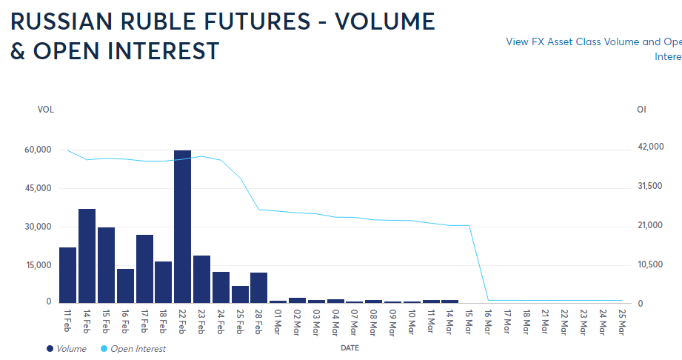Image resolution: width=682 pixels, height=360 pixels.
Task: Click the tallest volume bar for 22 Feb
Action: (182, 226)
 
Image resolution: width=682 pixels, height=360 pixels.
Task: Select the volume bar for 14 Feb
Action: (87, 256)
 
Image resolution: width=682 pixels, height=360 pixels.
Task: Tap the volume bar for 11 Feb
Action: (67, 275)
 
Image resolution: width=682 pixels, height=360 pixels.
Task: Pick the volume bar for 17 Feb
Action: (144, 268)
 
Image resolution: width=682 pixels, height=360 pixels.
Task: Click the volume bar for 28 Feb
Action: (258, 287)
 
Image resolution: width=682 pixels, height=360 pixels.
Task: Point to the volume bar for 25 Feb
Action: (240, 294)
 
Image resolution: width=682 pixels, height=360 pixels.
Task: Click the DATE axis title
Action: (350, 347)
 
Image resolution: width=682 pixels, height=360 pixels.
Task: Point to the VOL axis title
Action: (46, 110)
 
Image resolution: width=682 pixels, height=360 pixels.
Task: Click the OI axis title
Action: (641, 110)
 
